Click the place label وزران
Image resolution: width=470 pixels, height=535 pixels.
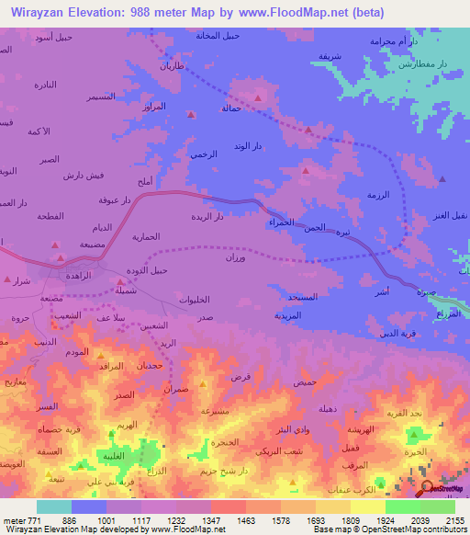coord(237,258)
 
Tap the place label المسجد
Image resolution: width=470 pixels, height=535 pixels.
coord(302,298)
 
